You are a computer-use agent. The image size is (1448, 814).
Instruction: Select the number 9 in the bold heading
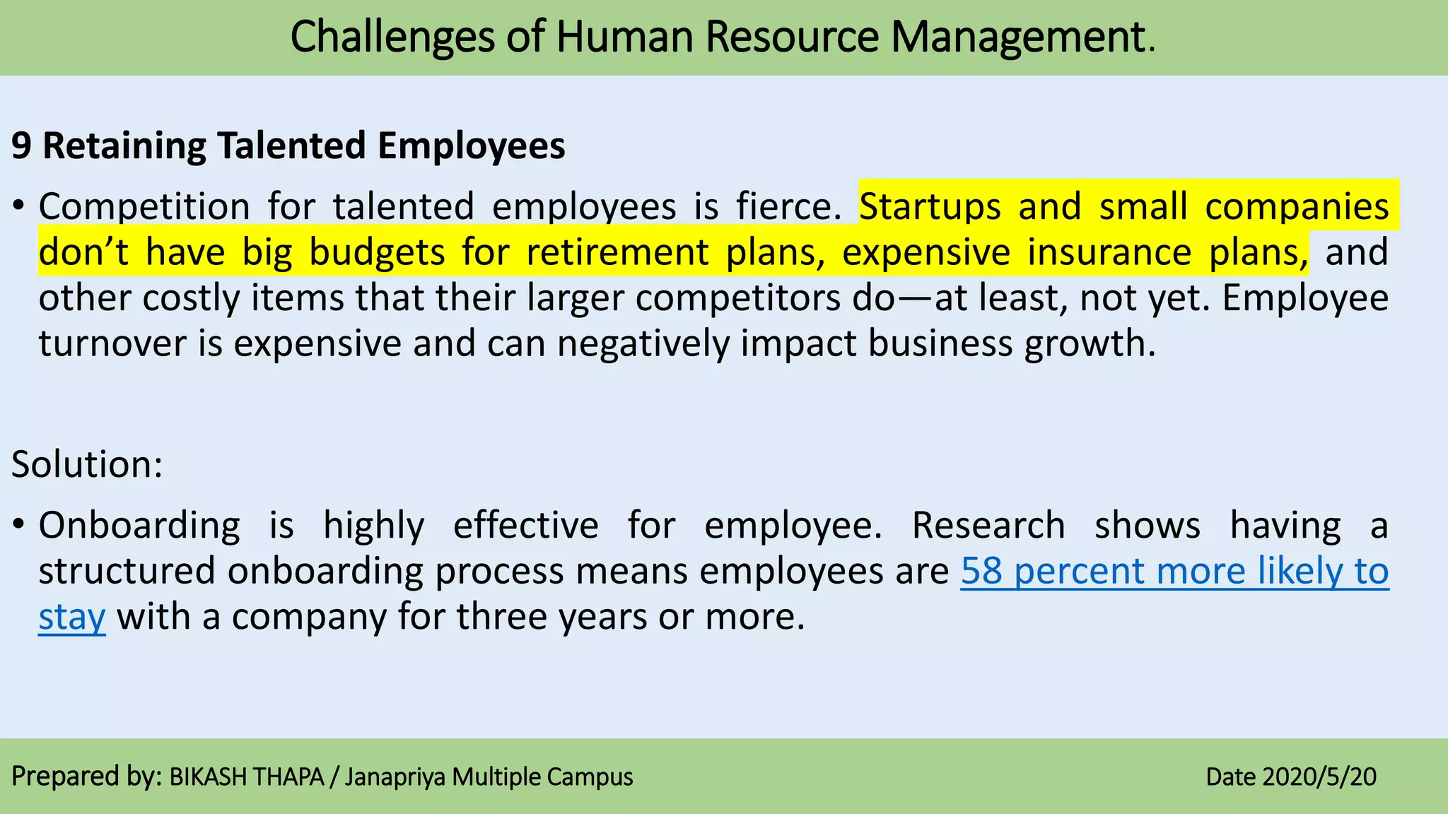tap(21, 146)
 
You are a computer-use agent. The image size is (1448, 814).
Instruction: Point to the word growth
tap(1090, 345)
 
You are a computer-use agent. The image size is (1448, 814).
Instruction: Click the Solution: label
tap(87, 465)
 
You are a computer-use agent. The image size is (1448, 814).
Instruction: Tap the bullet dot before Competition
tap(19, 207)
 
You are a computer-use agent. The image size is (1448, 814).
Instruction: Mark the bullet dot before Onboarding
tap(19, 526)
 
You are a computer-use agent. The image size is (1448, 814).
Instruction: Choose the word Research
tap(988, 526)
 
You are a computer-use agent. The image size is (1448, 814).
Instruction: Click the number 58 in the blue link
tap(981, 571)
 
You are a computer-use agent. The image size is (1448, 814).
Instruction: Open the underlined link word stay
tap(71, 618)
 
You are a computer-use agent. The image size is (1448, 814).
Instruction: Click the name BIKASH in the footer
tap(209, 777)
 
